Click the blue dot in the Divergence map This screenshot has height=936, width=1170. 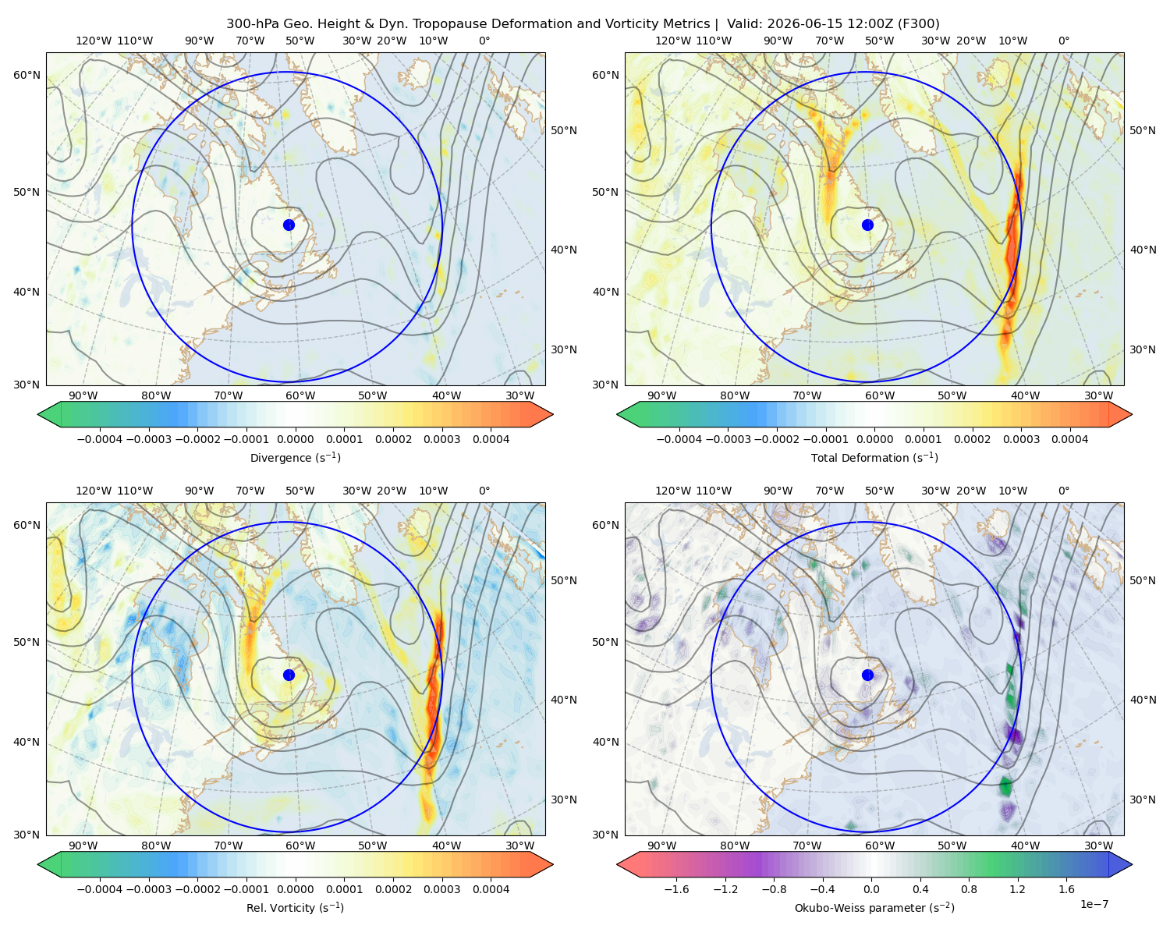tap(289, 225)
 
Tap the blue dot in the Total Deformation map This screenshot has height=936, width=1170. tap(867, 225)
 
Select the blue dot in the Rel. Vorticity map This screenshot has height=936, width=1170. tap(289, 675)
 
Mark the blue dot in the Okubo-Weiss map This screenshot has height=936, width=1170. tap(867, 675)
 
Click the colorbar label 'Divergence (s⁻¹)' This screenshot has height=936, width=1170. tap(295, 457)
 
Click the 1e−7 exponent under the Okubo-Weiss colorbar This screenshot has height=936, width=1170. tap(1094, 904)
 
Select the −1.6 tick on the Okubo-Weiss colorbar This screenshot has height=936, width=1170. tap(676, 888)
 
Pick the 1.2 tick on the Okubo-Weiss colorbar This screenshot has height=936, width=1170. tap(1017, 888)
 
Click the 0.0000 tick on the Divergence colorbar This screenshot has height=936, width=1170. tap(295, 439)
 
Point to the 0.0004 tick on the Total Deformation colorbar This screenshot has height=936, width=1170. tap(1069, 439)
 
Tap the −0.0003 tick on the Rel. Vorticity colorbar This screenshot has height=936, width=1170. tap(148, 888)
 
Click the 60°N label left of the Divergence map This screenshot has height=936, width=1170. tap(27, 75)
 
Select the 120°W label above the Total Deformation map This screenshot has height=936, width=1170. tap(673, 41)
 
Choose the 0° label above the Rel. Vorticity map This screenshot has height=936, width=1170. tap(484, 490)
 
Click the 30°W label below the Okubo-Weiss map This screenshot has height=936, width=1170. tap(1099, 846)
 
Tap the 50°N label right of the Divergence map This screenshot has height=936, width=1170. tap(564, 130)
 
